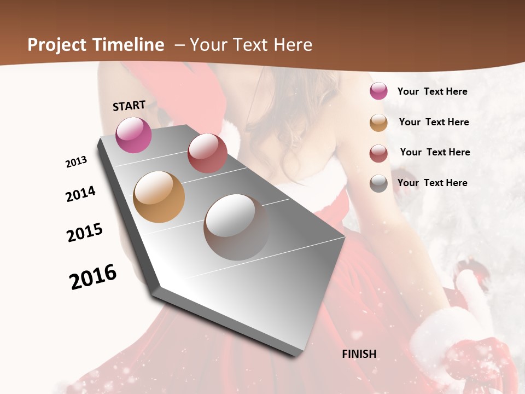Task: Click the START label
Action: (129, 105)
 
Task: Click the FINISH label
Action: (359, 354)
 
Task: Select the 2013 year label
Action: (77, 162)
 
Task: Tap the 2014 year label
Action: (81, 194)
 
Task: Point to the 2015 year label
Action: (85, 233)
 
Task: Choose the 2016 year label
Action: (93, 276)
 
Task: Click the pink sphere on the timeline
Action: (134, 135)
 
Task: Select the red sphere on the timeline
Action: (207, 153)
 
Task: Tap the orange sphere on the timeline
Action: (159, 197)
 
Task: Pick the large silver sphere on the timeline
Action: (236, 227)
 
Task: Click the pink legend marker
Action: (378, 91)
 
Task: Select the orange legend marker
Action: (378, 123)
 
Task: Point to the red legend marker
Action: (378, 153)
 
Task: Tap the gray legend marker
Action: (378, 183)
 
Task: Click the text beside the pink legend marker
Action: (432, 91)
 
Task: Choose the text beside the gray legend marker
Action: (432, 183)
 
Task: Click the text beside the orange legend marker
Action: (434, 122)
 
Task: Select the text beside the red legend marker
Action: (435, 152)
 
